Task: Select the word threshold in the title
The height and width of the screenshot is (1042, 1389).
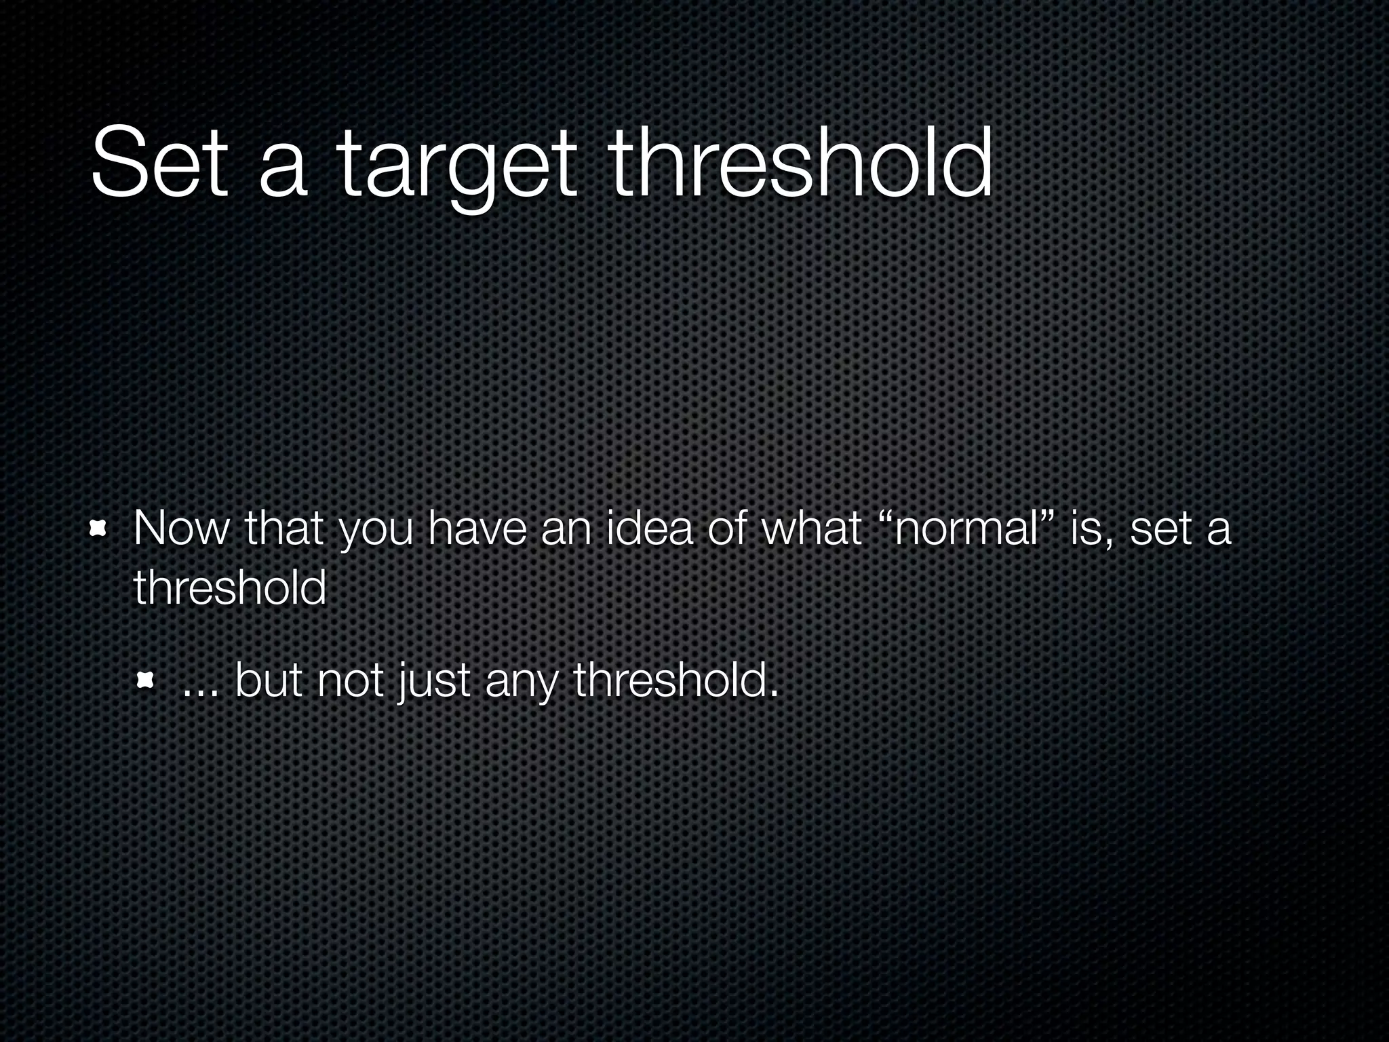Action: tap(801, 163)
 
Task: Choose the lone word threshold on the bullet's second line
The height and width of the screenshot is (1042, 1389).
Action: tap(230, 587)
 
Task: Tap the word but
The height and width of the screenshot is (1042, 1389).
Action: tap(269, 680)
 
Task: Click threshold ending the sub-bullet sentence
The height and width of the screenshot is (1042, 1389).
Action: tap(676, 680)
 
